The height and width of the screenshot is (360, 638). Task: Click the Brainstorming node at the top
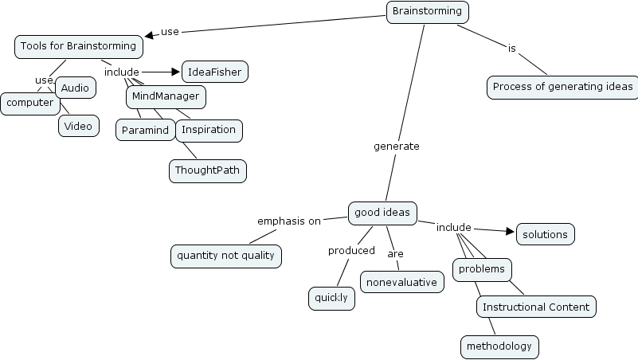pos(427,12)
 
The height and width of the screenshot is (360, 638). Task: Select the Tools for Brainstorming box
pos(78,47)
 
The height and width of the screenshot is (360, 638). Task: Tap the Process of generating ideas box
pos(562,87)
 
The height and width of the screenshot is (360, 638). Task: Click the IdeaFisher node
pos(215,72)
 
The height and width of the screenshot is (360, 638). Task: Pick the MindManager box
pos(166,97)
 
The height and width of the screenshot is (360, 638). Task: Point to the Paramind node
pos(147,130)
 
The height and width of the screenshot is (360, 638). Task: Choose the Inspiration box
pos(209,130)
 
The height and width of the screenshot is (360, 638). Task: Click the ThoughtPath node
pos(207,170)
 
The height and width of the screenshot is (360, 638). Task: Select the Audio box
pos(76,88)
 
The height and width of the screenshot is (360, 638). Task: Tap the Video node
pos(78,126)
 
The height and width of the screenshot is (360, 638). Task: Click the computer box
pos(29,104)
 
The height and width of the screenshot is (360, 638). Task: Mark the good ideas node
pos(382,213)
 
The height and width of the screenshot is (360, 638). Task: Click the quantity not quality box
pos(225,256)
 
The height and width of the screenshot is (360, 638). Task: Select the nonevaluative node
pos(401,282)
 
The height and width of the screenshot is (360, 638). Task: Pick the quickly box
pos(331,298)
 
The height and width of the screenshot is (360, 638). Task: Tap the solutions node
pos(545,234)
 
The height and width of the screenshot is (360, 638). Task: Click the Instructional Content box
pos(536,307)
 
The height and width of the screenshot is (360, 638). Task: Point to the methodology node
pos(499,346)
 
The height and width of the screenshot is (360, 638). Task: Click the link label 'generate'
pos(396,147)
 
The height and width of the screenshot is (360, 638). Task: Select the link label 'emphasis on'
pos(289,221)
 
